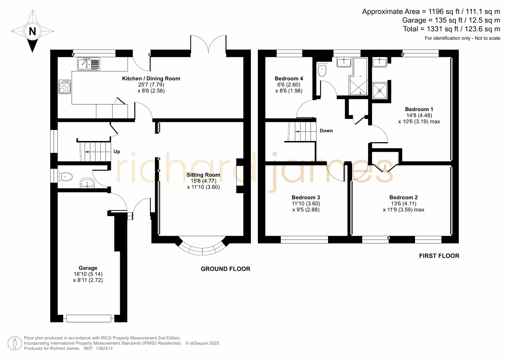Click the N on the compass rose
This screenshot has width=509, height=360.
(x=32, y=31)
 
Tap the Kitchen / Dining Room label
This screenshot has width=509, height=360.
(x=151, y=78)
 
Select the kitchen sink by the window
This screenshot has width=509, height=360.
(x=89, y=64)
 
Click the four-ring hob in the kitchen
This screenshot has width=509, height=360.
(x=65, y=86)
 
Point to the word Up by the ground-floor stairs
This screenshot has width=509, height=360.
(x=117, y=151)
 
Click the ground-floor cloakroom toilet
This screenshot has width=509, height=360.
(x=65, y=176)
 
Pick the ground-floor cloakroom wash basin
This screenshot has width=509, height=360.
(x=87, y=183)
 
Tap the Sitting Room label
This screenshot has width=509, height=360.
(x=203, y=175)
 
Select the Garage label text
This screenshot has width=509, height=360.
(x=88, y=268)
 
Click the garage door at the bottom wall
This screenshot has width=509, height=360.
(x=89, y=319)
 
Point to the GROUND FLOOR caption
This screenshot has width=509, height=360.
(x=225, y=269)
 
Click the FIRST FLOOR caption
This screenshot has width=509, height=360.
(x=439, y=256)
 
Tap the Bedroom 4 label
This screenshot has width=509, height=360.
(x=289, y=78)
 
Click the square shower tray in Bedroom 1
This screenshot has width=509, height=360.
(x=380, y=91)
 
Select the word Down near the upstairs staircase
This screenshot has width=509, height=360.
(x=326, y=131)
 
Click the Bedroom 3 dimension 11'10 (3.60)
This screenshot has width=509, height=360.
(x=306, y=204)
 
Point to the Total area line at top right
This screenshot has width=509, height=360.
(x=452, y=29)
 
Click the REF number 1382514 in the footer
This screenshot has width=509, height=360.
(x=104, y=348)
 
